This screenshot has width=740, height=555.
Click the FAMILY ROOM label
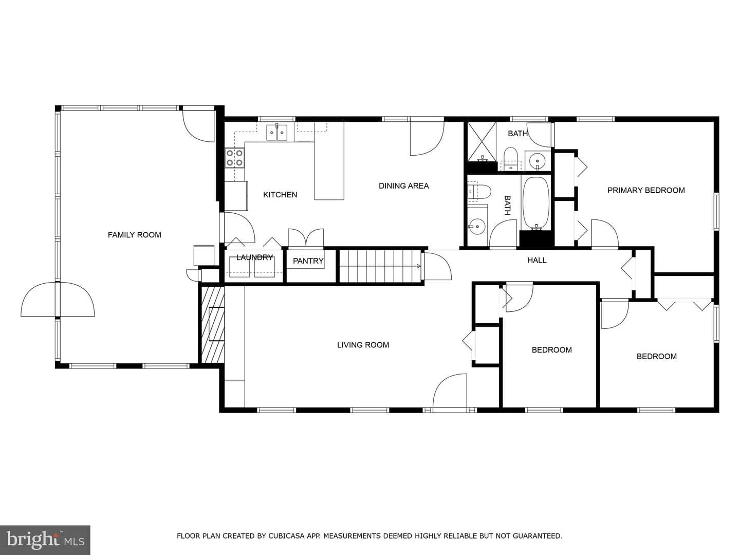pyautogui.click(x=134, y=235)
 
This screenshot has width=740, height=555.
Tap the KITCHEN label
pyautogui.click(x=280, y=195)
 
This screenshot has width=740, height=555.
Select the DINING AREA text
pyautogui.click(x=403, y=186)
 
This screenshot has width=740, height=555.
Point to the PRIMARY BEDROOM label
pyautogui.click(x=646, y=190)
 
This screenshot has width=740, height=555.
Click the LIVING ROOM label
pyautogui.click(x=363, y=345)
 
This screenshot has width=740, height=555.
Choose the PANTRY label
pyautogui.click(x=308, y=261)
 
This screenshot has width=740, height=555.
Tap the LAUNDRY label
pyautogui.click(x=254, y=257)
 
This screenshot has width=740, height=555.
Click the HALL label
pyautogui.click(x=536, y=260)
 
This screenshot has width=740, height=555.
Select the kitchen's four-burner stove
pyautogui.click(x=235, y=158)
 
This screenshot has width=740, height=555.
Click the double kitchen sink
pyautogui.click(x=277, y=133)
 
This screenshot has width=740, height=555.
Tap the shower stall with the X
pyautogui.click(x=482, y=142)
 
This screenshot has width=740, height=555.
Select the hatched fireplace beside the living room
pyautogui.click(x=212, y=325)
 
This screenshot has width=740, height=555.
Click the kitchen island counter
pyautogui.click(x=329, y=161)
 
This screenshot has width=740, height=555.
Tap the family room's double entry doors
pyautogui.click(x=58, y=300)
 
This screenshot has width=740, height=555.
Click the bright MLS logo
pyautogui.click(x=45, y=540)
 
